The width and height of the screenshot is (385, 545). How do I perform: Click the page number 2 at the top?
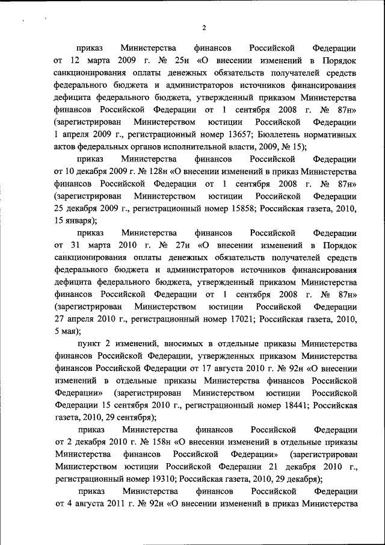click(x=205, y=28)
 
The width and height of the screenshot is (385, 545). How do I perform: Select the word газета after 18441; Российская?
click(x=69, y=417)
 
